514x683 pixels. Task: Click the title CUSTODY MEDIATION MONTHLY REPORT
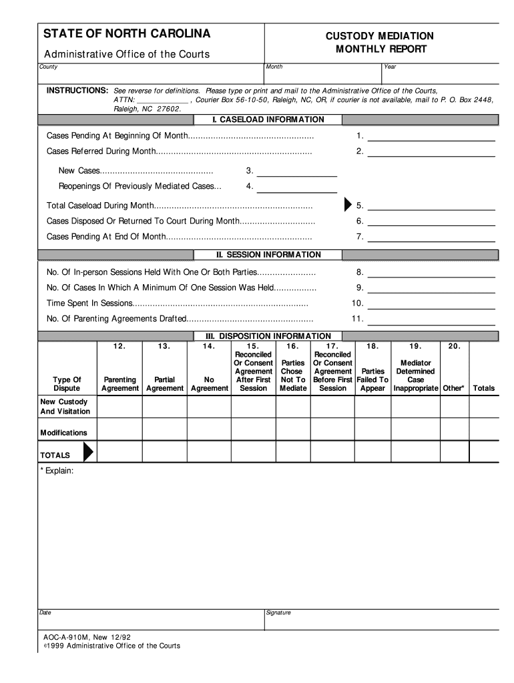coord(379,43)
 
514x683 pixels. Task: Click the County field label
coord(48,67)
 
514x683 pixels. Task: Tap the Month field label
coord(274,67)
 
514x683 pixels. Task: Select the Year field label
coord(390,67)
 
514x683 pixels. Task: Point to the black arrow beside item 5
coord(348,205)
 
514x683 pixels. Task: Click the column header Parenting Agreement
coord(120,384)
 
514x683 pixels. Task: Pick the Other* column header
coord(453,388)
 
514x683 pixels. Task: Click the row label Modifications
coord(63,433)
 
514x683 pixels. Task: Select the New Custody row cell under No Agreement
coord(209,407)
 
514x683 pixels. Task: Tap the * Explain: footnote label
coord(57,471)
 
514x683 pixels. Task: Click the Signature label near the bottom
coord(278,612)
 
